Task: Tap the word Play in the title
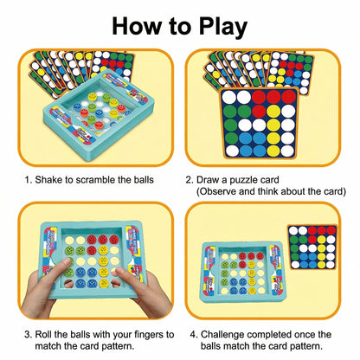coord(222,28)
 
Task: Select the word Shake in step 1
coord(48,180)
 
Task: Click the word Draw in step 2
coord(208,180)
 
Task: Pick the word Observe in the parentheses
coord(216,191)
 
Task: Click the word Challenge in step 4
coord(222,335)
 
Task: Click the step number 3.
coord(28,335)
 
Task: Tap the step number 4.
coord(193,335)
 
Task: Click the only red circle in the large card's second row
coord(259,111)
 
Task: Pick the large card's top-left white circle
coord(229,97)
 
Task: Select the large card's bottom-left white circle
coord(232,151)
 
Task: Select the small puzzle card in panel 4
coord(312,247)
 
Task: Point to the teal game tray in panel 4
coord(242,272)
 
